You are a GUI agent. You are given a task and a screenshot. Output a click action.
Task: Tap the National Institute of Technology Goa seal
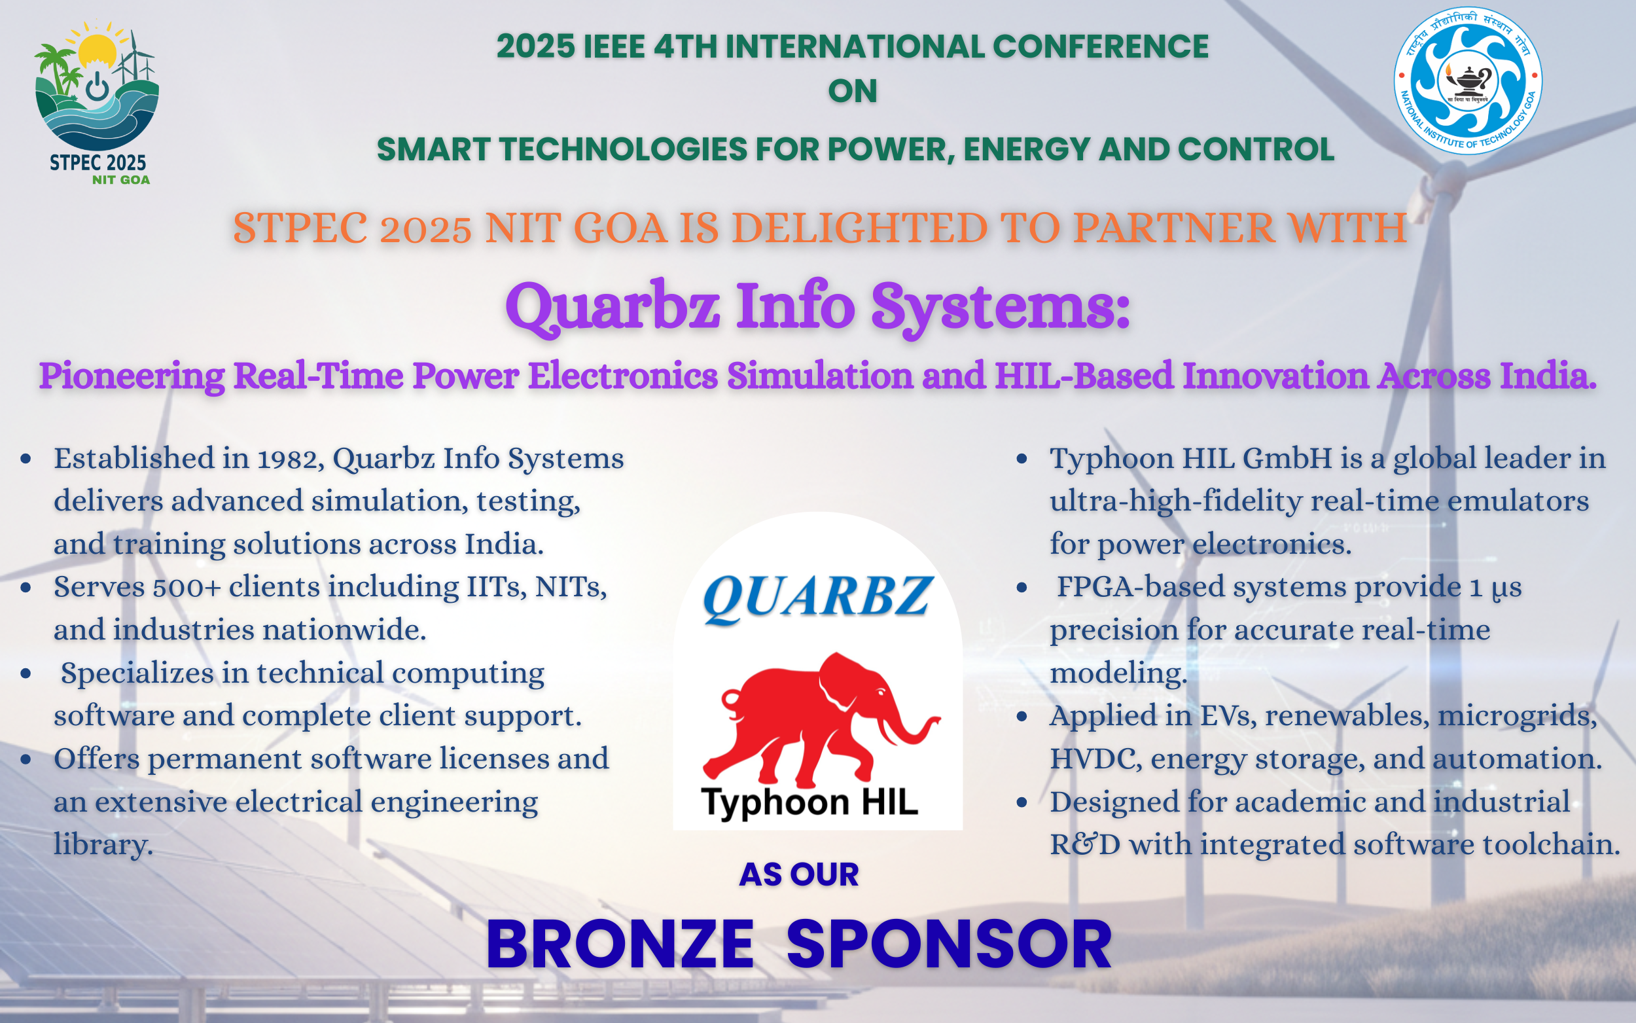pyautogui.click(x=1468, y=81)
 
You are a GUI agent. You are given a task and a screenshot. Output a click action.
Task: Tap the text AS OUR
pyautogui.click(x=799, y=874)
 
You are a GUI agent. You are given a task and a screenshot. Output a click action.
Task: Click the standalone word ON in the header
pyautogui.click(x=853, y=92)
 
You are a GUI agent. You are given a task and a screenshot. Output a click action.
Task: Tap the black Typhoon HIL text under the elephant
pyautogui.click(x=809, y=803)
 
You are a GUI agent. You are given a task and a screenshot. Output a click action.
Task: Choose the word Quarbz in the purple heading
pyautogui.click(x=613, y=308)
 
